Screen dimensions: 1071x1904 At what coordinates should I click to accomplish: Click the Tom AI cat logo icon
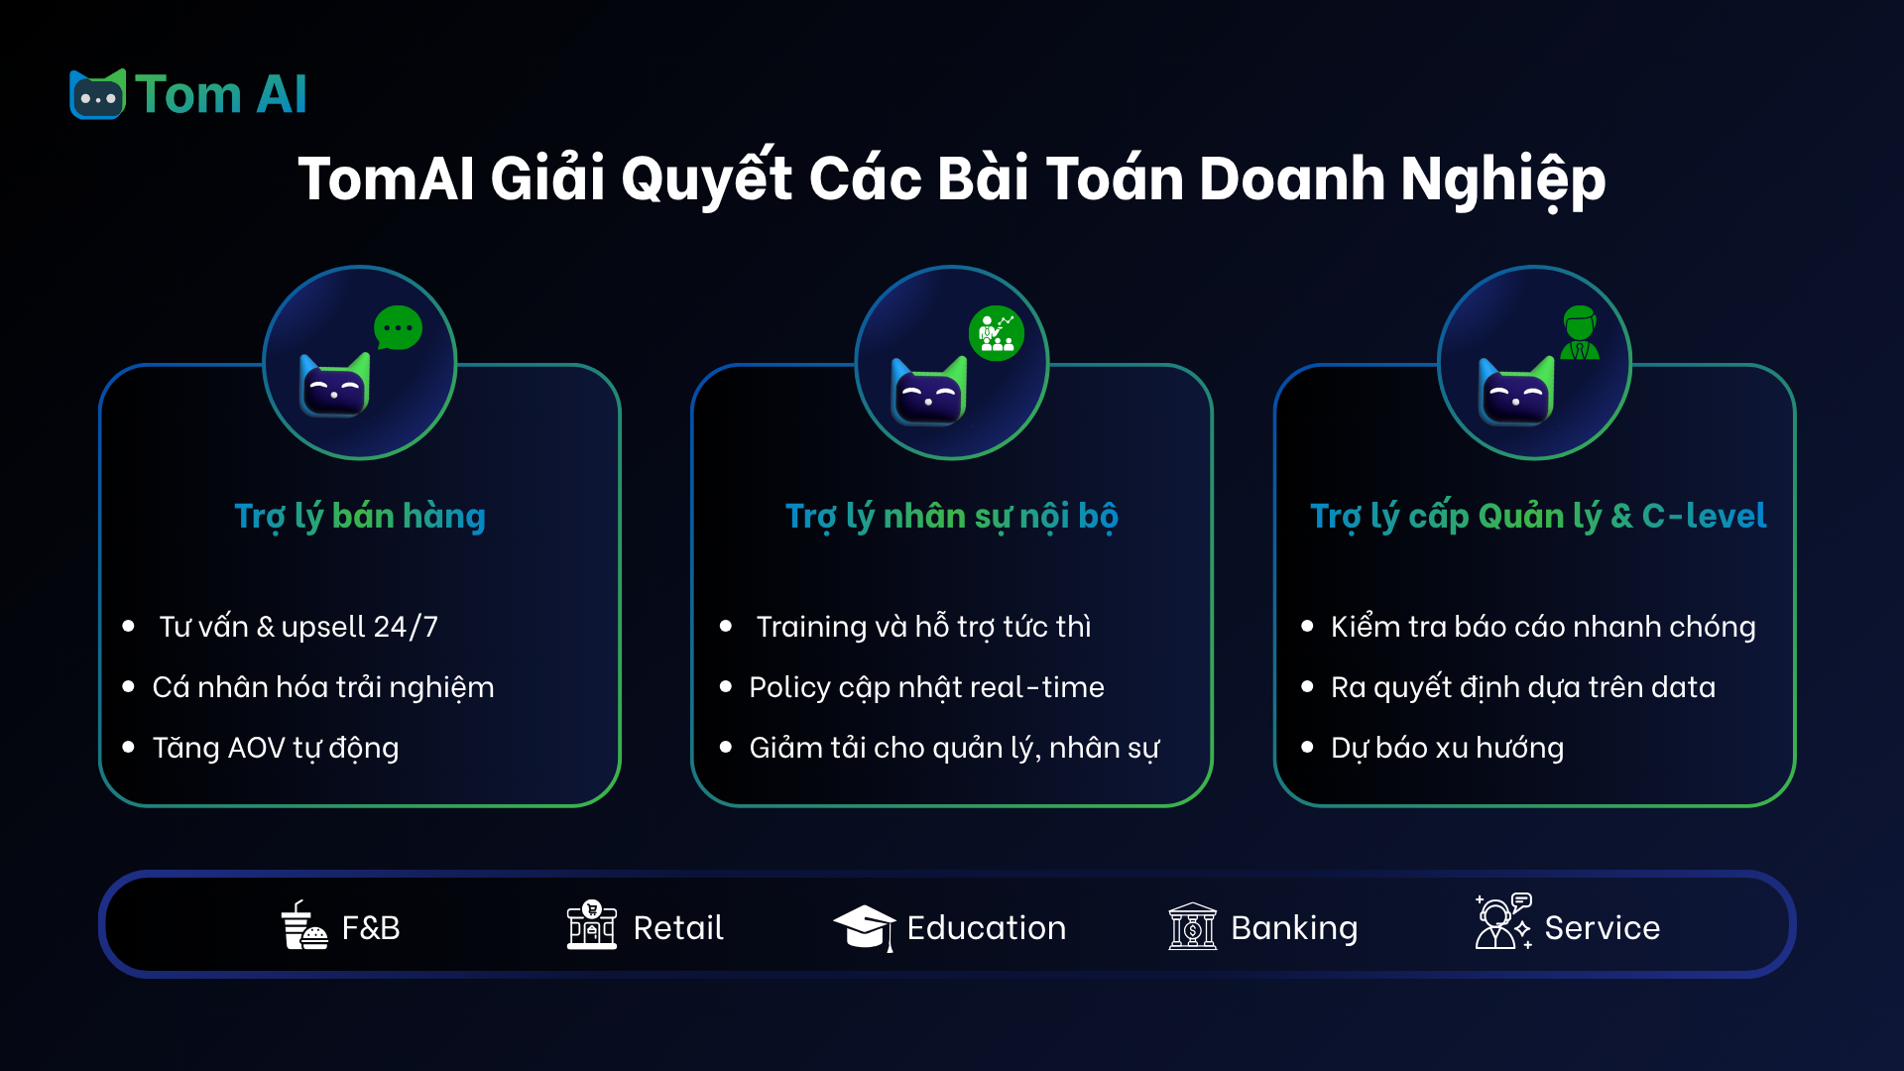coord(97,95)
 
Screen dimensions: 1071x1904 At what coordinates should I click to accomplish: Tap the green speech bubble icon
coord(398,327)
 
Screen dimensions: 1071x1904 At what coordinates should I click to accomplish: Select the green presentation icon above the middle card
coord(996,333)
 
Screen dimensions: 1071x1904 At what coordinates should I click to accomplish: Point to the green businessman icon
coord(1579,333)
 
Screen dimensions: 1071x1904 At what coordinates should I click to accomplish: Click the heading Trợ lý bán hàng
coord(360,517)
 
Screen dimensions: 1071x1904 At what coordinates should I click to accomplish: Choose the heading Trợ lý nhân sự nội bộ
coord(952,517)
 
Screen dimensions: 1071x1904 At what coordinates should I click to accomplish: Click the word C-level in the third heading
coord(1704,517)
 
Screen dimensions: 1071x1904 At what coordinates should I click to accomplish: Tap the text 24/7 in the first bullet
coord(406,627)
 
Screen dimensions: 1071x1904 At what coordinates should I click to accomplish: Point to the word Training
coord(811,627)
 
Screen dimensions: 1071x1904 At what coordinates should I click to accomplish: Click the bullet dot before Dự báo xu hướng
coord(1307,747)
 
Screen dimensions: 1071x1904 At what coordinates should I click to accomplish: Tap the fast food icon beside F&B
coord(303,926)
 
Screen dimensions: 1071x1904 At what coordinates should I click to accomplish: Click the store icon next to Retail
coord(592,925)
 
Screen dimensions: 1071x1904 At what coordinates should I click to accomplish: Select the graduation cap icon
coord(864,927)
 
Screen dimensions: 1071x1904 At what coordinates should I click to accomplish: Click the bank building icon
coord(1192,926)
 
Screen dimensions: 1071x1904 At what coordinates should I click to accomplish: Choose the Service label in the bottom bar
coord(1602,928)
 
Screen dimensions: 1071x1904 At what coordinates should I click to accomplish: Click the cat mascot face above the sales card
coord(334,386)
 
